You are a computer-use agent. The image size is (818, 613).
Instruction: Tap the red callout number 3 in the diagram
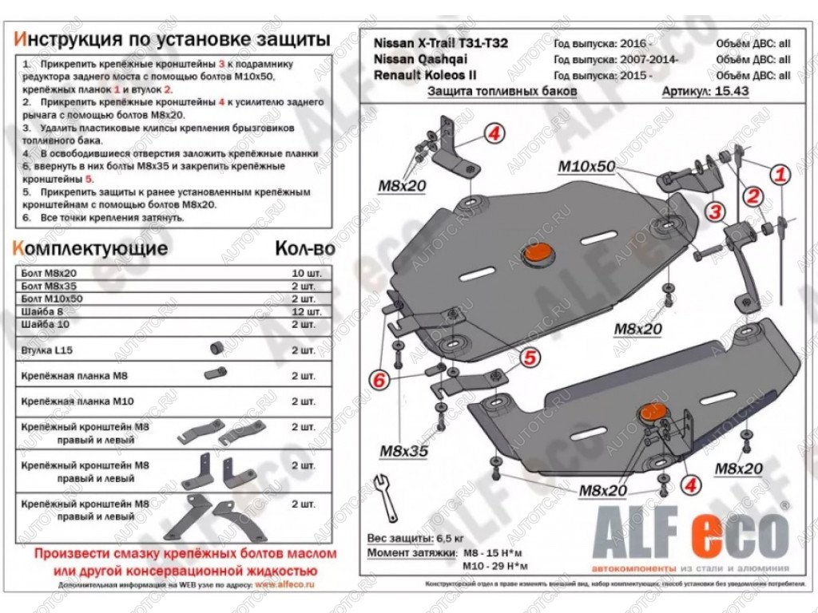pyautogui.click(x=715, y=212)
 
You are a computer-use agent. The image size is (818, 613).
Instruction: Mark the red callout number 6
pyautogui.click(x=379, y=381)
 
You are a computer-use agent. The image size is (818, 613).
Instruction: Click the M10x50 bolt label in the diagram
pyautogui.click(x=586, y=166)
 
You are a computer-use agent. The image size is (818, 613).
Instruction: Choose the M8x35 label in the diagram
pyautogui.click(x=403, y=451)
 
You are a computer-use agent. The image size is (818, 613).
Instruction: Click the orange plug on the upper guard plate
pyautogui.click(x=536, y=254)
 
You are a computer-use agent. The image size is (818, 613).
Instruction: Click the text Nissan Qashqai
pyautogui.click(x=421, y=59)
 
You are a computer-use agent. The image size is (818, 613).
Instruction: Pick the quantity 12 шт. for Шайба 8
pyautogui.click(x=307, y=310)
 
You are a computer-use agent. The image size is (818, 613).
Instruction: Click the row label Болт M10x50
pyautogui.click(x=52, y=298)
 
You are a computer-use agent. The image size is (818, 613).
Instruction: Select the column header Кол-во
pyautogui.click(x=304, y=248)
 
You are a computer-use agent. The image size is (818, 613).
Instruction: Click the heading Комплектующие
pyautogui.click(x=91, y=248)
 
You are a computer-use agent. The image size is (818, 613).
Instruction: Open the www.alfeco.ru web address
pyautogui.click(x=284, y=584)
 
